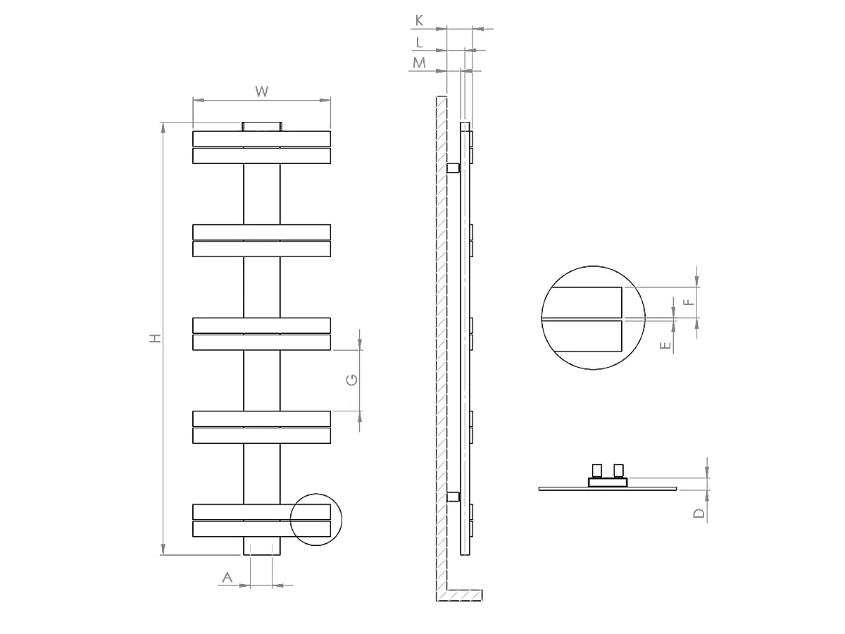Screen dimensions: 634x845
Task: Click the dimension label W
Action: tap(262, 91)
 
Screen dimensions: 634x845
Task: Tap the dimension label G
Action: tap(352, 380)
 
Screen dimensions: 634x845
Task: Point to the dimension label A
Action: tap(227, 578)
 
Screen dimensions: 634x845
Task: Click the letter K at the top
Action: tap(420, 20)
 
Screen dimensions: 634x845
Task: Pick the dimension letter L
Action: tap(420, 42)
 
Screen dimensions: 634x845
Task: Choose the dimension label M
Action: tap(420, 63)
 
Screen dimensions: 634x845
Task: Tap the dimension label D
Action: tap(699, 513)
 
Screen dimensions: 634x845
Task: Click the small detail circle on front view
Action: tap(315, 520)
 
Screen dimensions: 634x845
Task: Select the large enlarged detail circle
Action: tap(593, 318)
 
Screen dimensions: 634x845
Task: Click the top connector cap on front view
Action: tap(262, 126)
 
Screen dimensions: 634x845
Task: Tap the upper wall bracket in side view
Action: tap(453, 168)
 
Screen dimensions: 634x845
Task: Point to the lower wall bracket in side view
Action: tap(453, 497)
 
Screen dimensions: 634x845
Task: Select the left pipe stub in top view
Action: tap(597, 470)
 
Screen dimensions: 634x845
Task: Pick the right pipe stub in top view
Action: tap(618, 470)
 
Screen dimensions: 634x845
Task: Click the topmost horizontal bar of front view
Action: tap(262, 138)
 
